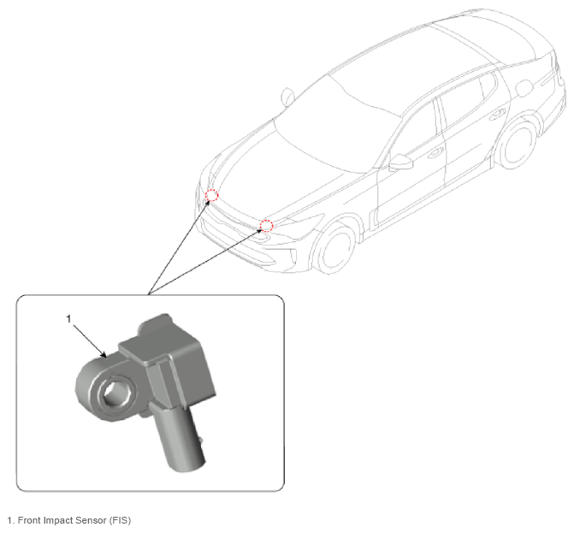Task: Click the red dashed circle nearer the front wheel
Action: [267, 226]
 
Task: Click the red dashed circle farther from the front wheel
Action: [211, 195]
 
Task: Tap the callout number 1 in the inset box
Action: [68, 319]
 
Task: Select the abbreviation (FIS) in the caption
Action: [120, 520]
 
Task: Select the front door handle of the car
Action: [435, 152]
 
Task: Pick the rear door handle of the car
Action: [498, 114]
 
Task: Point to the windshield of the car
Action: [337, 124]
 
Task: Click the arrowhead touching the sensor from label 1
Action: [104, 355]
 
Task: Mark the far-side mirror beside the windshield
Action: [287, 97]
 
